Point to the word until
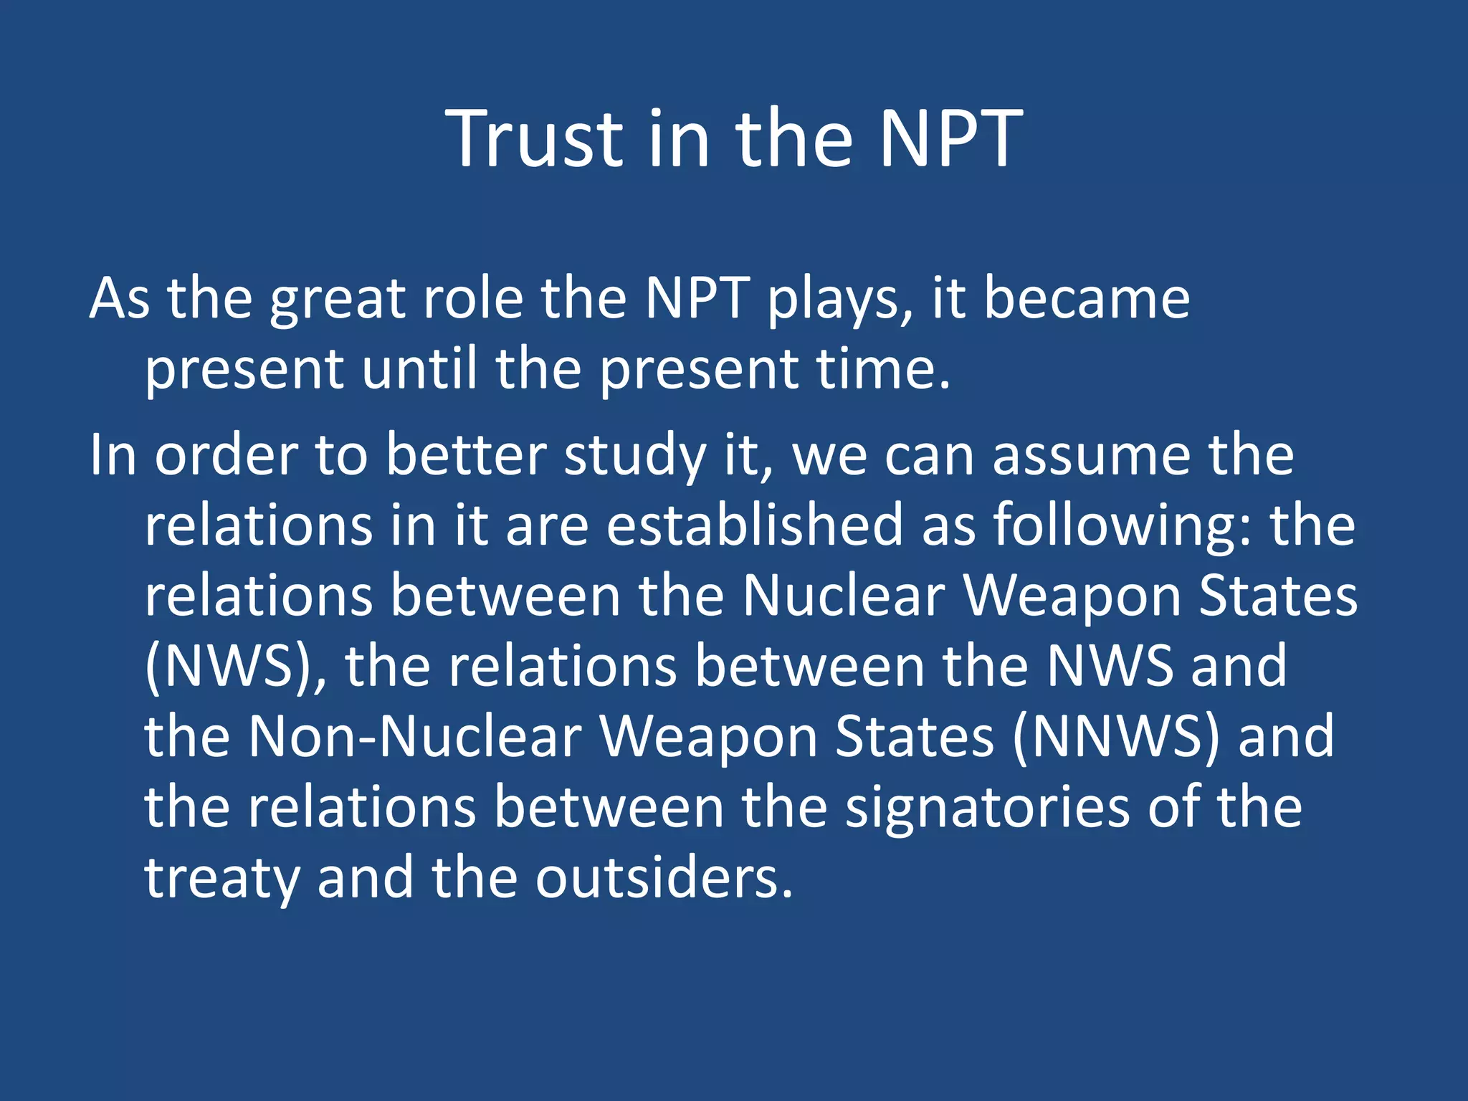419,368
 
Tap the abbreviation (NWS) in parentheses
229,666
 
